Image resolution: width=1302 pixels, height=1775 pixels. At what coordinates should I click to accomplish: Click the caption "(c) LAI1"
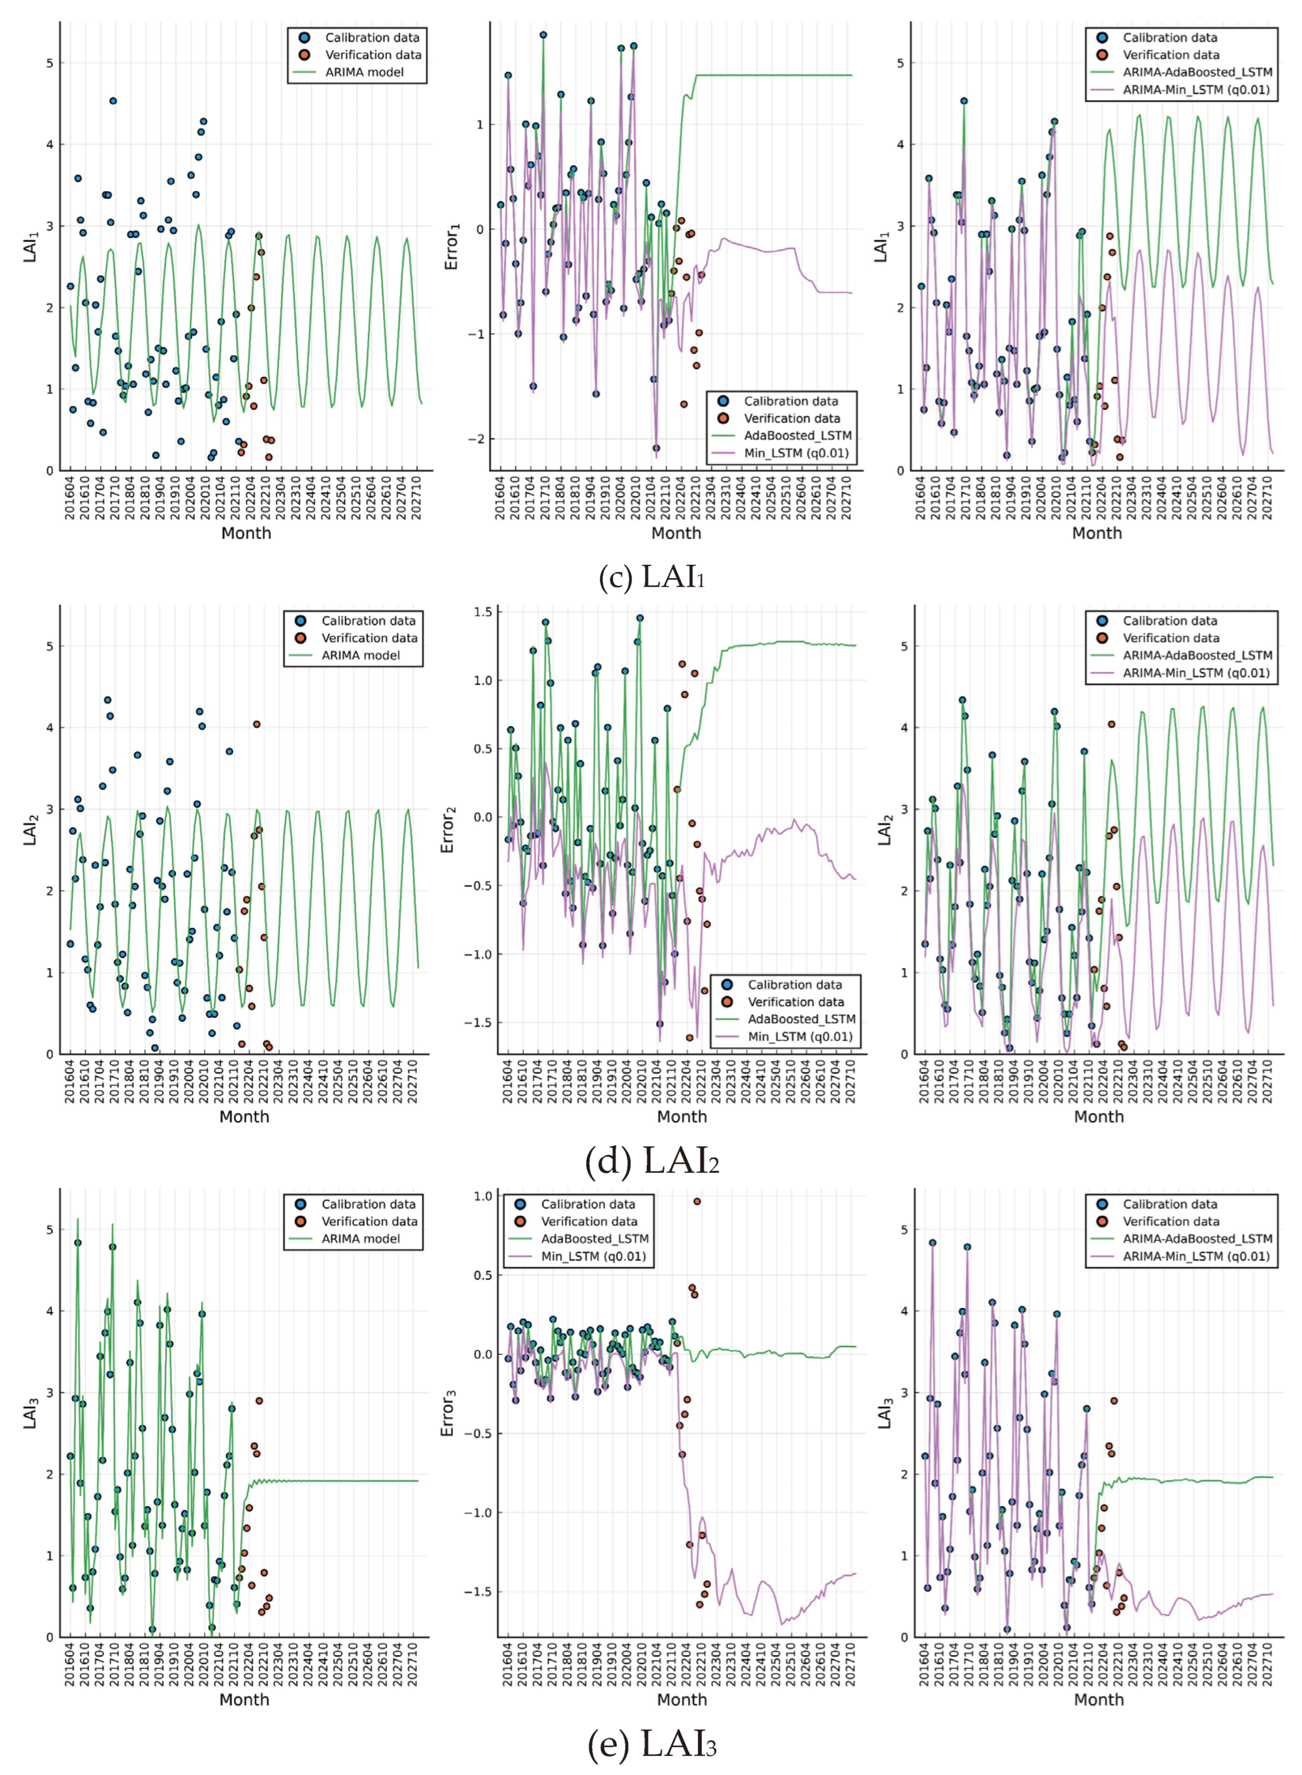[x=651, y=578]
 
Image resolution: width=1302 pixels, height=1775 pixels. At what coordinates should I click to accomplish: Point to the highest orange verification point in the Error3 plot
[x=697, y=1201]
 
